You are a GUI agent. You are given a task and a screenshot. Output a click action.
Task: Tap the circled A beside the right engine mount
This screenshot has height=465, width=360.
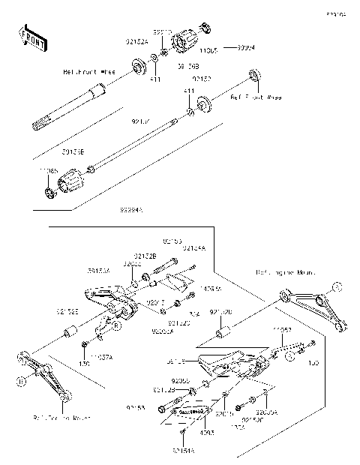pos(337,286)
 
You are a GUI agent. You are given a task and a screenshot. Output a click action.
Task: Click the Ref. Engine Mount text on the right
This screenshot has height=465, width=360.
pos(286,272)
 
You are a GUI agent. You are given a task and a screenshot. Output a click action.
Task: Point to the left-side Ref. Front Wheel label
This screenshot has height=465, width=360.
pos(88,73)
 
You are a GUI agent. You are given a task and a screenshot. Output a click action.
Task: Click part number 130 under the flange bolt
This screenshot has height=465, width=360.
pos(85,363)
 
